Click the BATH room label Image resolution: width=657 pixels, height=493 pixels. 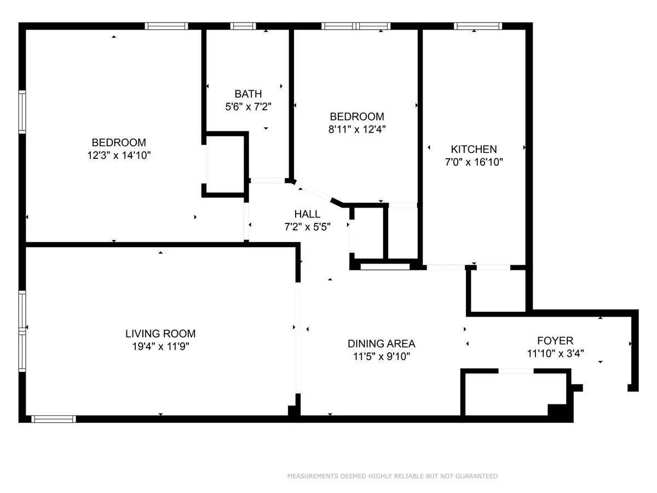pyautogui.click(x=248, y=94)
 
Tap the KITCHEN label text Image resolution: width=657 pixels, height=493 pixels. pyautogui.click(x=474, y=149)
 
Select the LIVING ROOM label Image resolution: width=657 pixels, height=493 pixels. pyautogui.click(x=160, y=334)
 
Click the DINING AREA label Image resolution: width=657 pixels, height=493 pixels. pyautogui.click(x=381, y=344)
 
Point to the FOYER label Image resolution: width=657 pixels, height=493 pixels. pyautogui.click(x=555, y=341)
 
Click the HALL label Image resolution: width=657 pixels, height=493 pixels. pyautogui.click(x=307, y=214)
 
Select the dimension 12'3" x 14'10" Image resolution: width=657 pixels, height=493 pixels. pyautogui.click(x=119, y=156)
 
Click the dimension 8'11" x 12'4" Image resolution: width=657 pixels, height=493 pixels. pyautogui.click(x=356, y=130)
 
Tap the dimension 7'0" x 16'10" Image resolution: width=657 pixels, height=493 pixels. pyautogui.click(x=474, y=162)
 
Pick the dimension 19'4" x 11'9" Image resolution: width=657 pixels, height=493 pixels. pyautogui.click(x=160, y=346)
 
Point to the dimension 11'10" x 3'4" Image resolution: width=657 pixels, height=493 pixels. pyautogui.click(x=555, y=354)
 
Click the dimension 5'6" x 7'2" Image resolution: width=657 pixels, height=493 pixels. pyautogui.click(x=248, y=107)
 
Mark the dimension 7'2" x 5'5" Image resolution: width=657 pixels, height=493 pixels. pyautogui.click(x=307, y=226)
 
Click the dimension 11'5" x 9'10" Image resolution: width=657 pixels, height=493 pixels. pyautogui.click(x=381, y=357)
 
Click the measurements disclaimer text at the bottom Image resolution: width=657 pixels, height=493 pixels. pyautogui.click(x=393, y=476)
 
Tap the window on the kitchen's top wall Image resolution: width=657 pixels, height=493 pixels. pyautogui.click(x=478, y=26)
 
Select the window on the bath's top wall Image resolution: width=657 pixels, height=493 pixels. pyautogui.click(x=243, y=26)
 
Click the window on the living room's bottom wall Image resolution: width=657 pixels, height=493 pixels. pyautogui.click(x=53, y=419)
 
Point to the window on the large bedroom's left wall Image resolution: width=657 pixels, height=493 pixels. pyautogui.click(x=22, y=112)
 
